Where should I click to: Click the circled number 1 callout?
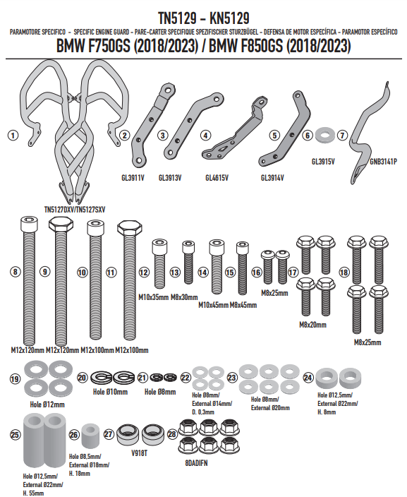[x=13, y=136]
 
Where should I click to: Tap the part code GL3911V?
[x=133, y=178]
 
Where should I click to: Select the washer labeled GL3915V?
[x=324, y=135]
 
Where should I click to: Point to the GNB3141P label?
[x=383, y=162]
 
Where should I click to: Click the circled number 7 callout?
[x=342, y=136]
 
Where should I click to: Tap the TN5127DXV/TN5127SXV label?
[x=75, y=210]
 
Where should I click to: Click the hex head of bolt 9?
[x=61, y=224]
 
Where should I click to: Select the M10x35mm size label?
[x=153, y=297]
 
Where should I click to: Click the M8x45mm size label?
[x=243, y=305]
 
